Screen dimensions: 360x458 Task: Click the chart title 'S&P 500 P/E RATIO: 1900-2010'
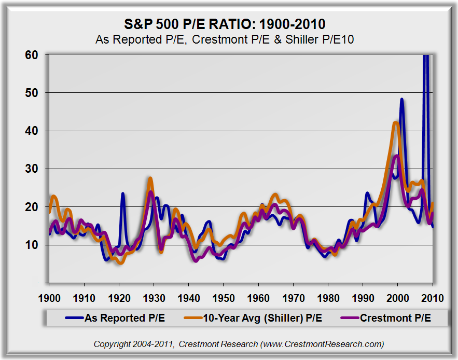[x=225, y=24]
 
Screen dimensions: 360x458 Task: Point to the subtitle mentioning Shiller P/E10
[x=225, y=39]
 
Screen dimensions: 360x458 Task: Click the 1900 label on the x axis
[x=49, y=299]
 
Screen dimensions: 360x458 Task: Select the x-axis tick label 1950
[x=223, y=299]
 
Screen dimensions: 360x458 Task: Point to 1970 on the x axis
[x=293, y=299]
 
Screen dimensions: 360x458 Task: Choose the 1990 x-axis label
[x=363, y=299]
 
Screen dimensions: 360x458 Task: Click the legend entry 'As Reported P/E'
[x=124, y=318]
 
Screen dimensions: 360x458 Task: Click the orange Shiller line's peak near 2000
[x=396, y=123]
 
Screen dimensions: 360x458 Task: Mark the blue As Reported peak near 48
[x=401, y=99]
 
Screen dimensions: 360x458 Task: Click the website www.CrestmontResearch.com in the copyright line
[x=322, y=344]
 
